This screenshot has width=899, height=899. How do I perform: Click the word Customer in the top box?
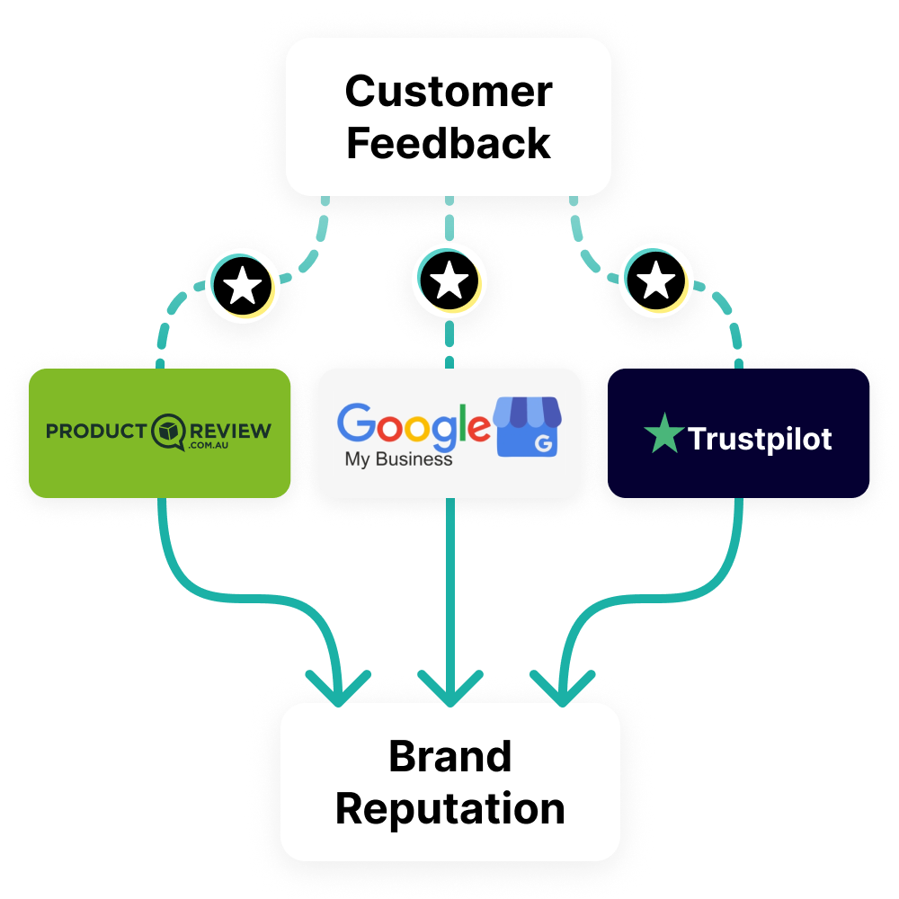449,92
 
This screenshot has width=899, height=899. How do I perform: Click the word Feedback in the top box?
449,143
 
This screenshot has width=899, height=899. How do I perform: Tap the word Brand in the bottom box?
450,756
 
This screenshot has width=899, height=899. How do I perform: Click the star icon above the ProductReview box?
243,286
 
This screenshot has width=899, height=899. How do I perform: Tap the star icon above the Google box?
449,280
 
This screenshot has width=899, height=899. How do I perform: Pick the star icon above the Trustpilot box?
656,280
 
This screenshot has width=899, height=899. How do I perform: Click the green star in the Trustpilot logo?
664,434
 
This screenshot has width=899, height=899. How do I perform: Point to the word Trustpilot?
760,440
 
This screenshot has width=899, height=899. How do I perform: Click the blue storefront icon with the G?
528,426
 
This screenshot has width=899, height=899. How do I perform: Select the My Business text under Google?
398,459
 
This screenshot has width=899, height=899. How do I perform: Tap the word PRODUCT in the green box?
96,432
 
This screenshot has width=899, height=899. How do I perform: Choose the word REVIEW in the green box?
230,431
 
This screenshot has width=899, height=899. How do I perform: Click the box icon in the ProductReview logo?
169,432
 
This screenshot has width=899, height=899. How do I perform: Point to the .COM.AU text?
209,445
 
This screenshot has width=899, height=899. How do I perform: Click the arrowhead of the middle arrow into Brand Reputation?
450,688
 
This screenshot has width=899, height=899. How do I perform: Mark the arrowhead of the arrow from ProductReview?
338,688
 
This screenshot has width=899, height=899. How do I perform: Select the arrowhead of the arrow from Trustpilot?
563,688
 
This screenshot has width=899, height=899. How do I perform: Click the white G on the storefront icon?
544,443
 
